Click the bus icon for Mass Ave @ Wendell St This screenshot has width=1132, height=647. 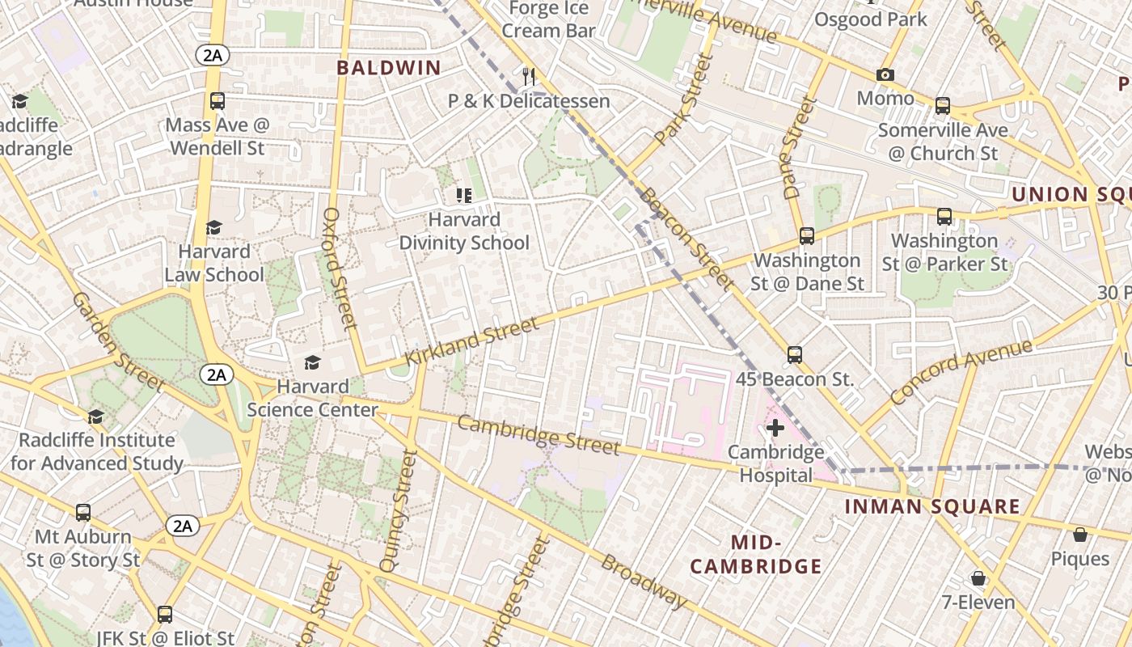217,101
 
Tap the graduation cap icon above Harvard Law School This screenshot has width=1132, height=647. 213,228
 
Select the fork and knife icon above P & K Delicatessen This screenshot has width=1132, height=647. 529,77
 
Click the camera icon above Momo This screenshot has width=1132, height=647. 885,75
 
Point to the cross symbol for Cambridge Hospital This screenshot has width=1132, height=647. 775,428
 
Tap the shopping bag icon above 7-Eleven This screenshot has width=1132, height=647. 978,578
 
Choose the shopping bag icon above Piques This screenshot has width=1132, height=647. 1080,535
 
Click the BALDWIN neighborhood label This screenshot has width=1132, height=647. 389,68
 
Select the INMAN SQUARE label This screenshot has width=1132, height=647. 932,507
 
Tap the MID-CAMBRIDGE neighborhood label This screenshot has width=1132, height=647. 756,554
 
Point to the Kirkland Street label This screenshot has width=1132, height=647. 471,341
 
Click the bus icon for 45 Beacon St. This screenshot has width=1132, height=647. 795,355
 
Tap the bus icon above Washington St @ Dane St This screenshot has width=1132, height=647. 806,236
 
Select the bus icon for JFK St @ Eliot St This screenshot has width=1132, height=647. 165,615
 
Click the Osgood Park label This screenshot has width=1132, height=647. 871,19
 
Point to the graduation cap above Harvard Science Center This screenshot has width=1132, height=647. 312,362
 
